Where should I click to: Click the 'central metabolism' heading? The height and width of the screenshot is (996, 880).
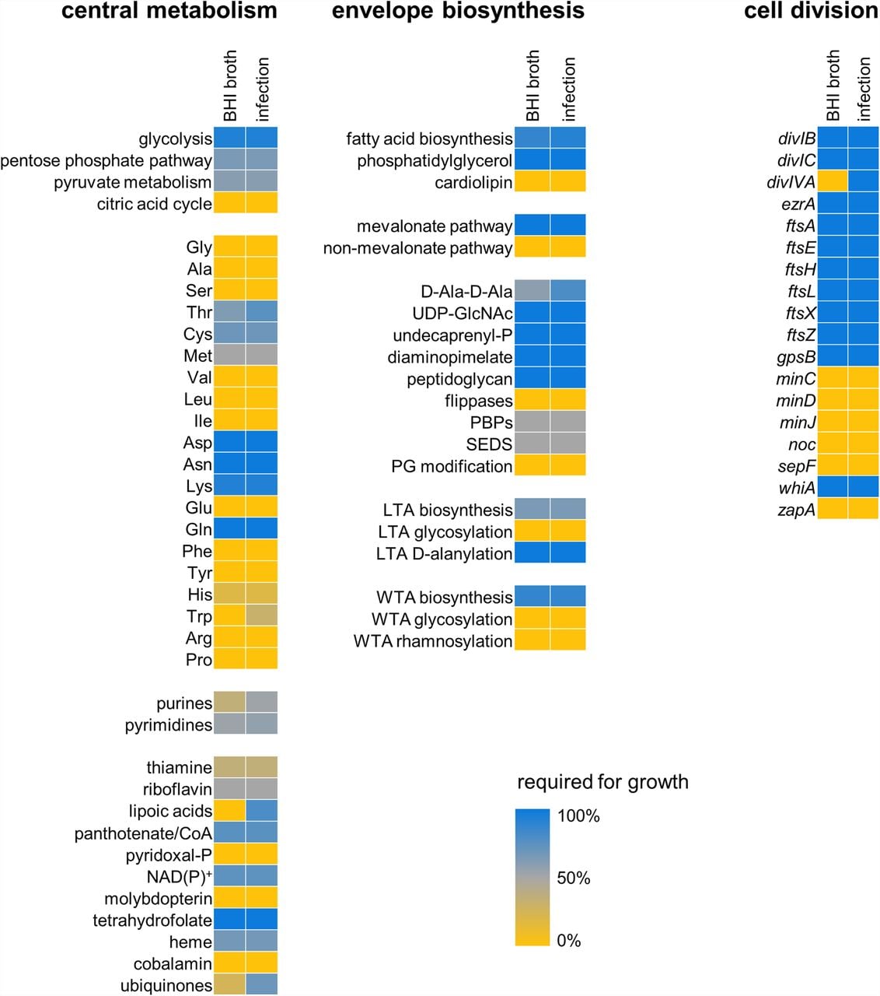tap(169, 11)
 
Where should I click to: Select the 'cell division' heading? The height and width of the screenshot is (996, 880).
tap(812, 11)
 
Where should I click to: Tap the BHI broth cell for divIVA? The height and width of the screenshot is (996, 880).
tap(833, 181)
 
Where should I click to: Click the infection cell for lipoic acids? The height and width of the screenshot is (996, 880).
tap(262, 811)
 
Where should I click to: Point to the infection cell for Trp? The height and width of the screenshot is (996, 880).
tap(262, 615)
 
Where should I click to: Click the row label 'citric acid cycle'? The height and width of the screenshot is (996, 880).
tap(155, 204)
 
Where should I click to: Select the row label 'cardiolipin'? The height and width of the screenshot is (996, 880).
tap(473, 182)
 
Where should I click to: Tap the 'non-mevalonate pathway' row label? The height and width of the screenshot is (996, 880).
tap(418, 248)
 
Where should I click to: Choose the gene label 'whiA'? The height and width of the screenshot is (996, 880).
tap(797, 488)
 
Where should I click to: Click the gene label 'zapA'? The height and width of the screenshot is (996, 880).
tap(797, 510)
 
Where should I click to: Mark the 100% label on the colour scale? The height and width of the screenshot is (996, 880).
tap(578, 816)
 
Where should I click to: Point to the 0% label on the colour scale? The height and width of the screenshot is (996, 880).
tap(569, 940)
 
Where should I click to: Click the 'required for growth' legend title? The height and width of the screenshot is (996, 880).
tap(602, 783)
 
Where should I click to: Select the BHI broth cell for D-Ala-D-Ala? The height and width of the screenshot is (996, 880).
tap(532, 290)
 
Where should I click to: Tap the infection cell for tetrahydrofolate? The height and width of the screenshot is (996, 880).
tap(262, 919)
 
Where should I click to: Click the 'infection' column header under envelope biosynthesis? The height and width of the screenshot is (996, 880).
tap(569, 89)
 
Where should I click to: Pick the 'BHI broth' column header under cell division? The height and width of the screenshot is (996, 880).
tap(833, 86)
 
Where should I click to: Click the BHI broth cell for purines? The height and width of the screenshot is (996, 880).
tap(229, 702)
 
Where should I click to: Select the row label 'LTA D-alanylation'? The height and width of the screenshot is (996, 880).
tap(444, 553)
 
